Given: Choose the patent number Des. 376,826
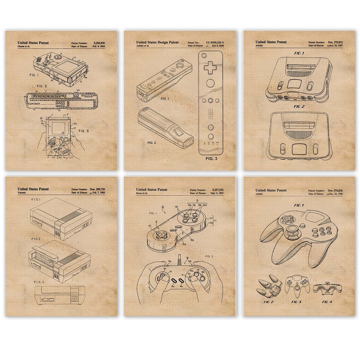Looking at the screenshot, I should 335,190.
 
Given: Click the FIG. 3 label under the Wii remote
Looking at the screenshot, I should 211,159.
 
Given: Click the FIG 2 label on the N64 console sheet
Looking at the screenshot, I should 299,107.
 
